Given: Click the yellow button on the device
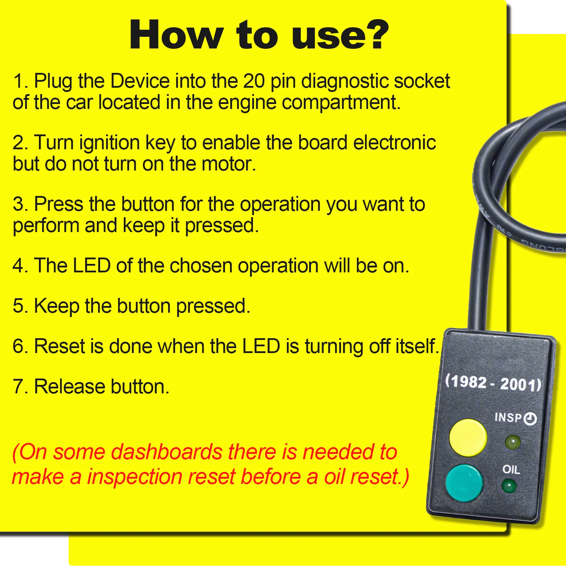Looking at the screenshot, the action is pos(468,438).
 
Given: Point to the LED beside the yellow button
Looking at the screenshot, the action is pos(513,442).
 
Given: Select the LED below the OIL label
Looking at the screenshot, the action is pos(509,486).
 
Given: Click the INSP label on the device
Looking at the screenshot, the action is pos(508,417).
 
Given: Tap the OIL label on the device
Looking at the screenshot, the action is pos(511,470).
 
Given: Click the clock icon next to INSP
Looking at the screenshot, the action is pos(530,419).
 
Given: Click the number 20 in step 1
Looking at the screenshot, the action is pos(254,81).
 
